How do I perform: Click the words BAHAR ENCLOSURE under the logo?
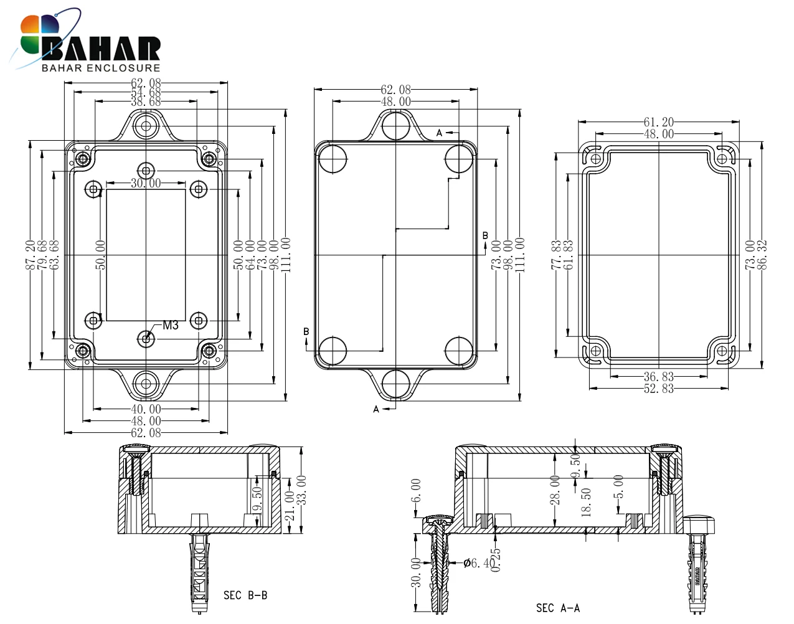click(x=101, y=68)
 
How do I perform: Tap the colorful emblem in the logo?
click(x=39, y=35)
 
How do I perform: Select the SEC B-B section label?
click(x=245, y=595)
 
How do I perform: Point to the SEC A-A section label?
click(x=558, y=608)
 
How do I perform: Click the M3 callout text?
click(x=170, y=325)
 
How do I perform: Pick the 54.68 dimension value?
click(x=146, y=92)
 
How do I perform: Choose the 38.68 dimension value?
click(x=146, y=102)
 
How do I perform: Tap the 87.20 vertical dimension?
click(x=31, y=255)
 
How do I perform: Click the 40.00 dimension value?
click(x=146, y=409)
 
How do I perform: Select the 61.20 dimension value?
click(x=658, y=121)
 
